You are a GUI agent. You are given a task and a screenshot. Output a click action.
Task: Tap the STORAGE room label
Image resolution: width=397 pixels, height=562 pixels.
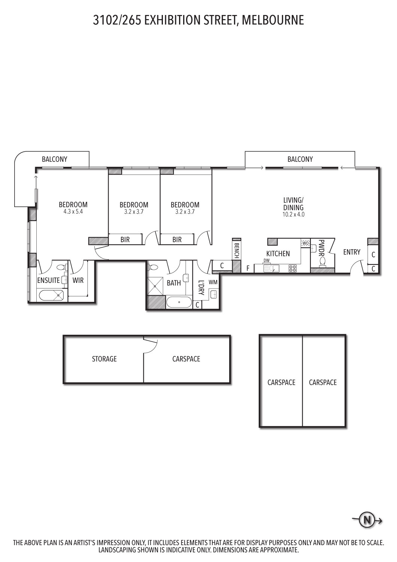[104, 359]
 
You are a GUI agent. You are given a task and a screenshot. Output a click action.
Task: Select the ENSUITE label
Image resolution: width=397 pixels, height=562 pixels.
[48, 280]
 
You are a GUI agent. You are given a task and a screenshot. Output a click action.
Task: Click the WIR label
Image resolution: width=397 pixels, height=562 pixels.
[78, 280]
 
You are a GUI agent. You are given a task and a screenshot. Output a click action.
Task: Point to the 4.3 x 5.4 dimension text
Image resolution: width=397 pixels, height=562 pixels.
[73, 212]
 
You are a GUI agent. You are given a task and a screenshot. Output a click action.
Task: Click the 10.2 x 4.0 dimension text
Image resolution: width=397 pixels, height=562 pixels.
[293, 215]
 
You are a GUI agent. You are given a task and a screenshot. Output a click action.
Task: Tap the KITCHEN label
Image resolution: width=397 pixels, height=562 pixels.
[278, 254]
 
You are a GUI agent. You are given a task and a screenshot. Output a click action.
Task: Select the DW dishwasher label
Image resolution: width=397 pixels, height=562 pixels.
[267, 260]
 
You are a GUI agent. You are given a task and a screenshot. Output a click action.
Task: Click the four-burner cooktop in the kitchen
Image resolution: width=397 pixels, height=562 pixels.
[293, 269]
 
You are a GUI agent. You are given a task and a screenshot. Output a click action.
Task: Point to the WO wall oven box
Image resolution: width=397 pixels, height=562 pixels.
[306, 243]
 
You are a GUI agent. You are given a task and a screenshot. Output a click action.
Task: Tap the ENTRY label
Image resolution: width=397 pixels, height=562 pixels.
[352, 252]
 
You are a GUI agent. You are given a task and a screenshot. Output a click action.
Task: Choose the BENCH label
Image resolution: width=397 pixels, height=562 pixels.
[236, 250]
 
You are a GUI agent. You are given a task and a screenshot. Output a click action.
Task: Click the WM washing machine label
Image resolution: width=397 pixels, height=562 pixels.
[213, 282]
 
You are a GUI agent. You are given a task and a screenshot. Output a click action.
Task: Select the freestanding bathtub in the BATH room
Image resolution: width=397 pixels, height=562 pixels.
[179, 302]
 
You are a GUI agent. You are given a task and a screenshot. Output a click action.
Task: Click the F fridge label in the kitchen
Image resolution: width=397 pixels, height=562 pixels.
[248, 269]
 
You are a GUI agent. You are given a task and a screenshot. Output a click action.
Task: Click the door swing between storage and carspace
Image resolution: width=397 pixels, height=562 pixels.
[151, 347]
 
